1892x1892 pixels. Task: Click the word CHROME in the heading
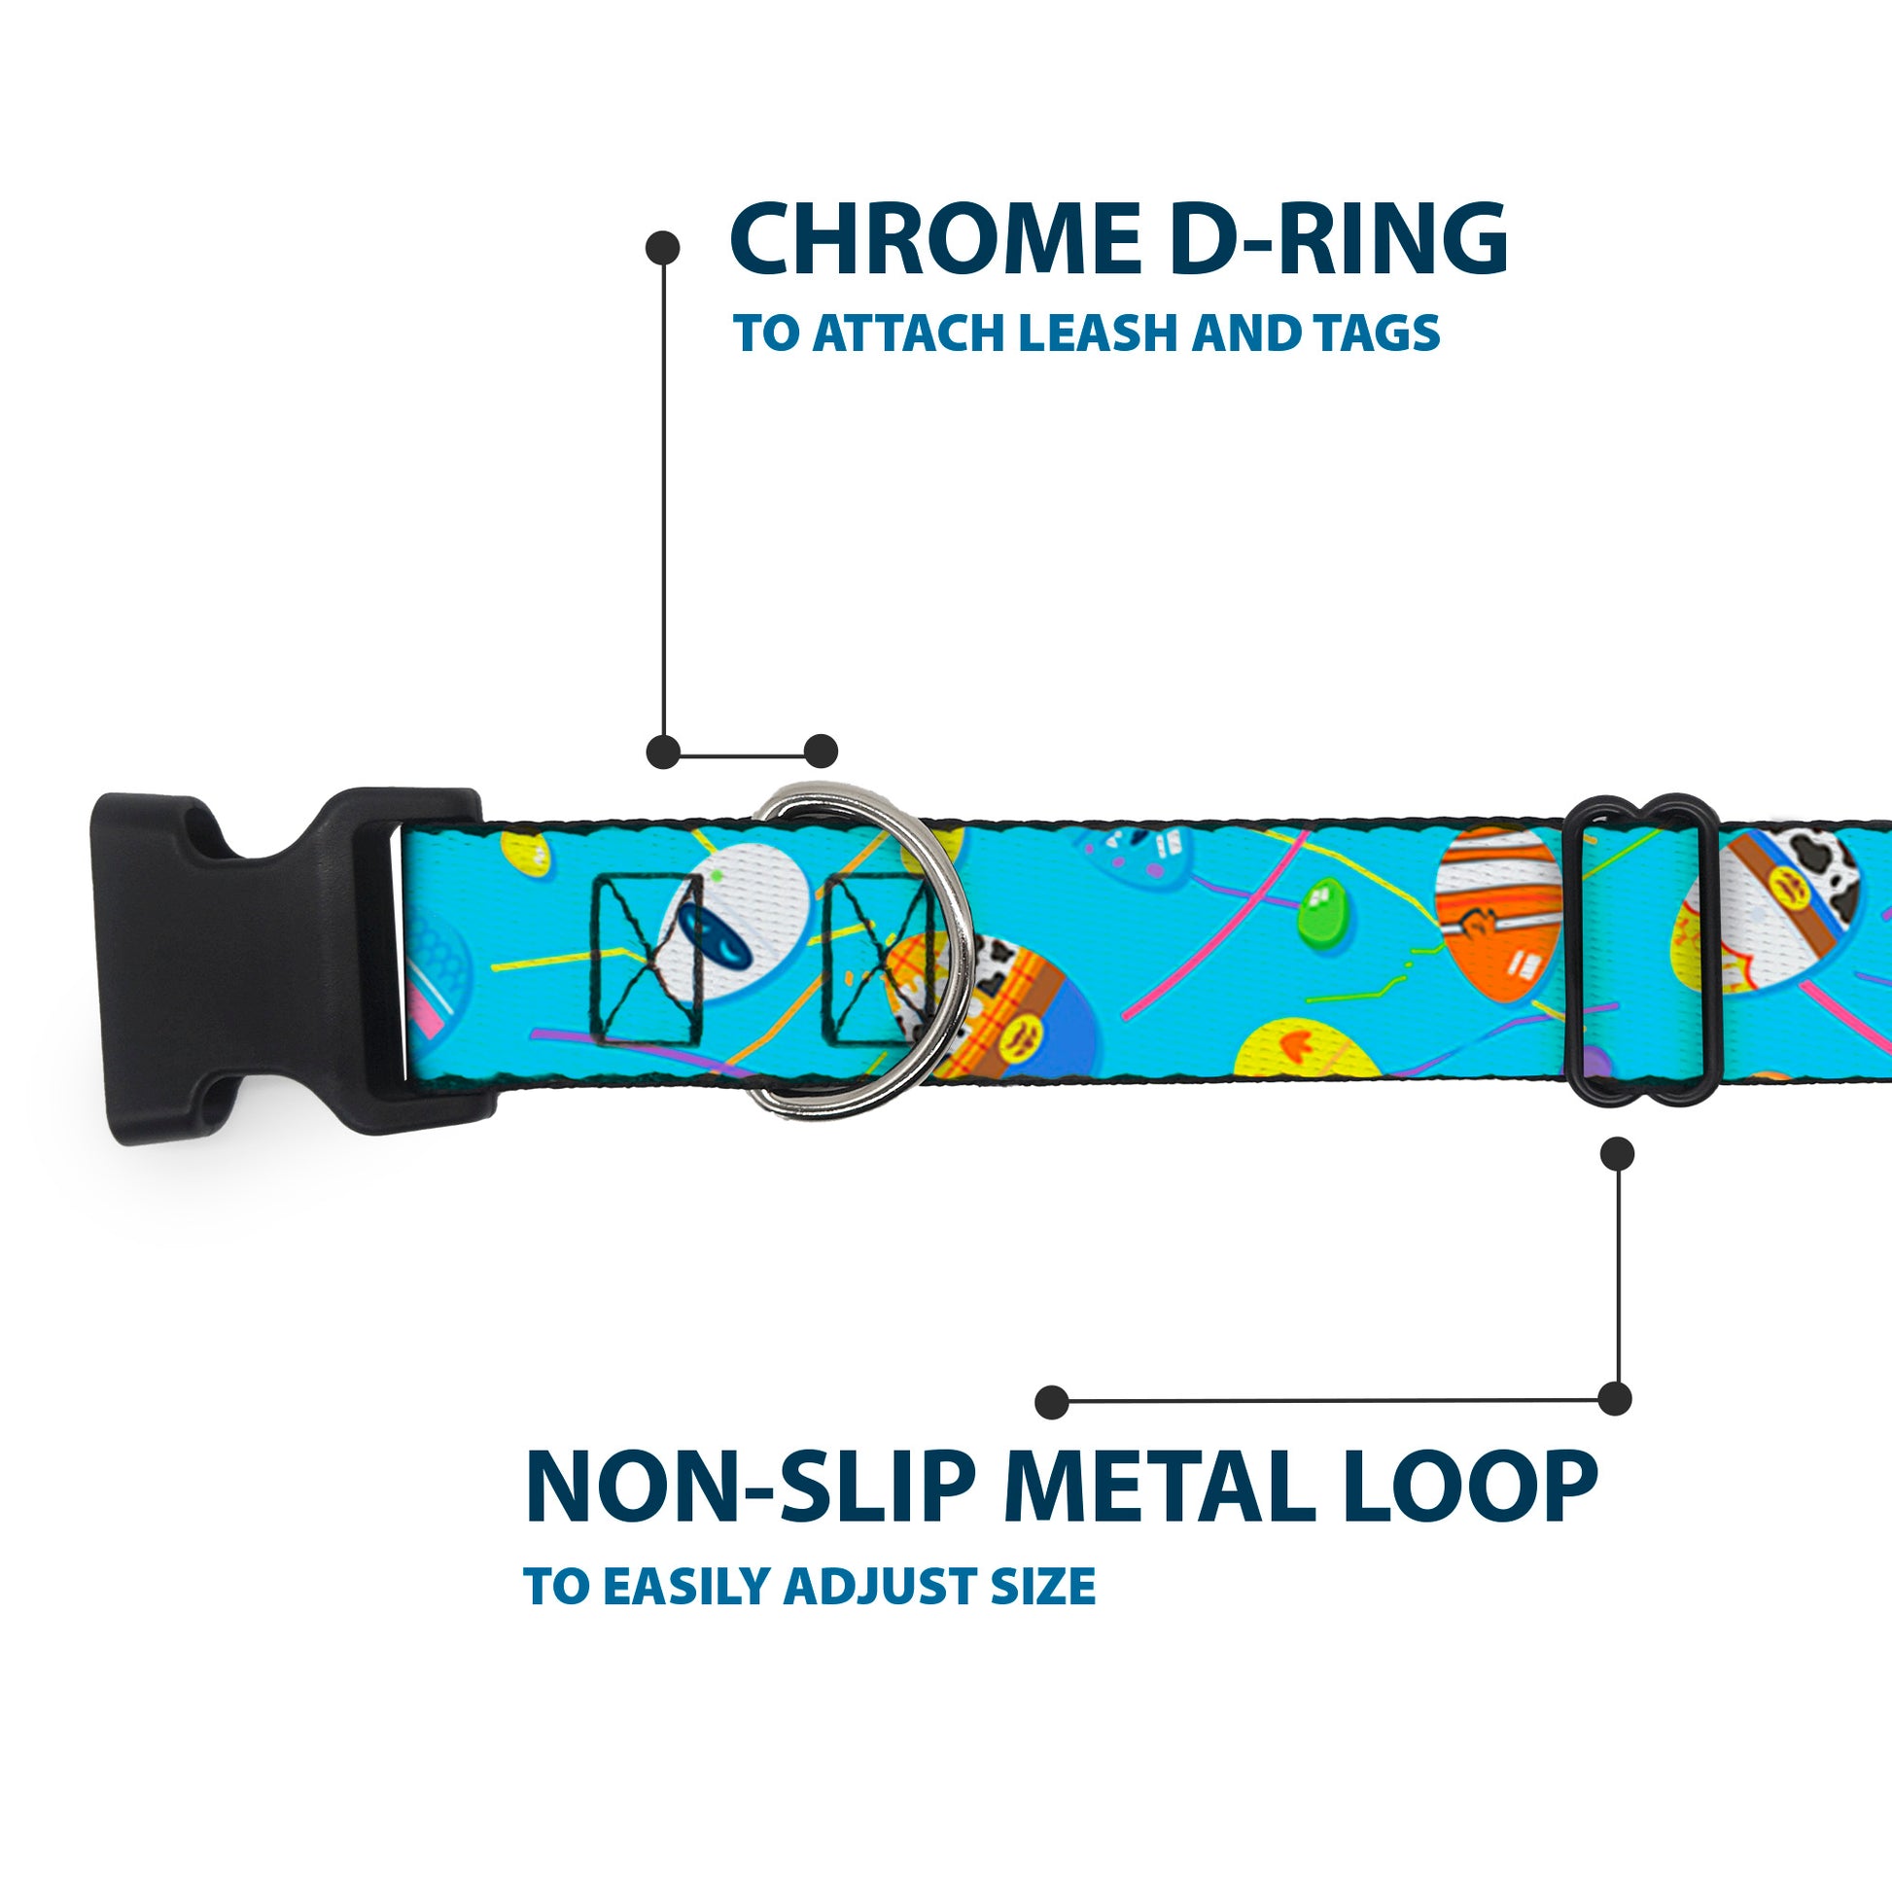[934, 239]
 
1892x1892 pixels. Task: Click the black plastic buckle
[245, 964]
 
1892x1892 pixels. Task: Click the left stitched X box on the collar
[648, 959]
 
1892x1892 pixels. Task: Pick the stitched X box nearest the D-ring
[874, 959]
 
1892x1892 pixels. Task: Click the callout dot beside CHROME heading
[663, 248]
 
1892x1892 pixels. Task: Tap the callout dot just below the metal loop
[1617, 1154]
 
